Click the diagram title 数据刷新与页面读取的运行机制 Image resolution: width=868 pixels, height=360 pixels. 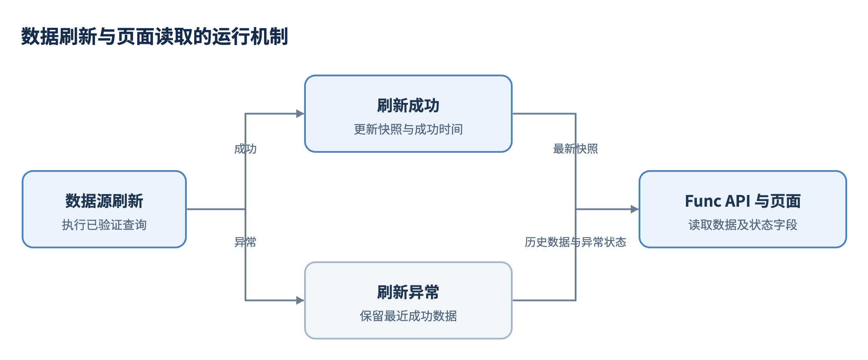pos(155,36)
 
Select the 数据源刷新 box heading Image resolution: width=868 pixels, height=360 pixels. pos(104,201)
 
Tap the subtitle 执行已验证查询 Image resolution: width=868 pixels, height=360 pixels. pos(104,225)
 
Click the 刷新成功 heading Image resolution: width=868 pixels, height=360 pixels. pos(408,106)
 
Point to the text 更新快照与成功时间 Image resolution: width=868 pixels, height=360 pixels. pos(408,129)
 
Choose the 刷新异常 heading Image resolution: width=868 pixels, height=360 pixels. pos(408,292)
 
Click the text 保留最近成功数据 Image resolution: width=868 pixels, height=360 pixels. pos(408,316)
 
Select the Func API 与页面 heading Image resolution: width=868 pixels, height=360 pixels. pos(743,201)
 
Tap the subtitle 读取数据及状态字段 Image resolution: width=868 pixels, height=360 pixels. pos(743,225)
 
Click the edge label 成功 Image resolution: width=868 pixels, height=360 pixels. pos(245,149)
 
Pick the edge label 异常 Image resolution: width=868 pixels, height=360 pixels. pos(245,242)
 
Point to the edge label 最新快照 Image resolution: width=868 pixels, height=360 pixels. pos(576,149)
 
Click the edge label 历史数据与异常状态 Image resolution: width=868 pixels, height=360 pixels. pos(576,242)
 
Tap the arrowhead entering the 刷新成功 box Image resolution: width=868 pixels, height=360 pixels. pos(300,114)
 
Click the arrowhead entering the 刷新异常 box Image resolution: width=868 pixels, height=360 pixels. pos(300,301)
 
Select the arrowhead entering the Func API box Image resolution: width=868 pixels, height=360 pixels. pos(635,209)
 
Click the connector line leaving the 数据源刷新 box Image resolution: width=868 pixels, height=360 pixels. pos(216,209)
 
